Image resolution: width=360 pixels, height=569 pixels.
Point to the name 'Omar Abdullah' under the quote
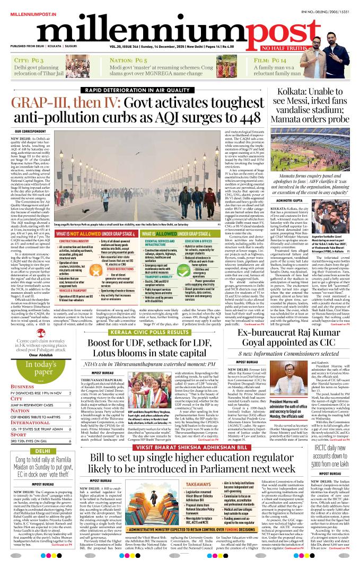point(33,354)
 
